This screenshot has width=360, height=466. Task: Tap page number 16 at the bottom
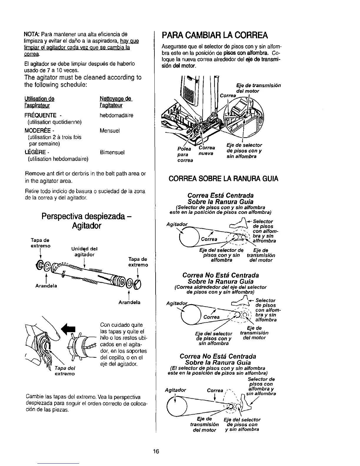click(x=156, y=452)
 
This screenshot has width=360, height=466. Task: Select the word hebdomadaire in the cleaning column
click(x=116, y=115)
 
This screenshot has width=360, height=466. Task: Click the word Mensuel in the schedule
click(x=110, y=131)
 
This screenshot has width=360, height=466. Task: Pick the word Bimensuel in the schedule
click(x=112, y=152)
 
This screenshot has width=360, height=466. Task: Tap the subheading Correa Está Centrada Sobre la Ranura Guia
click(x=221, y=198)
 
